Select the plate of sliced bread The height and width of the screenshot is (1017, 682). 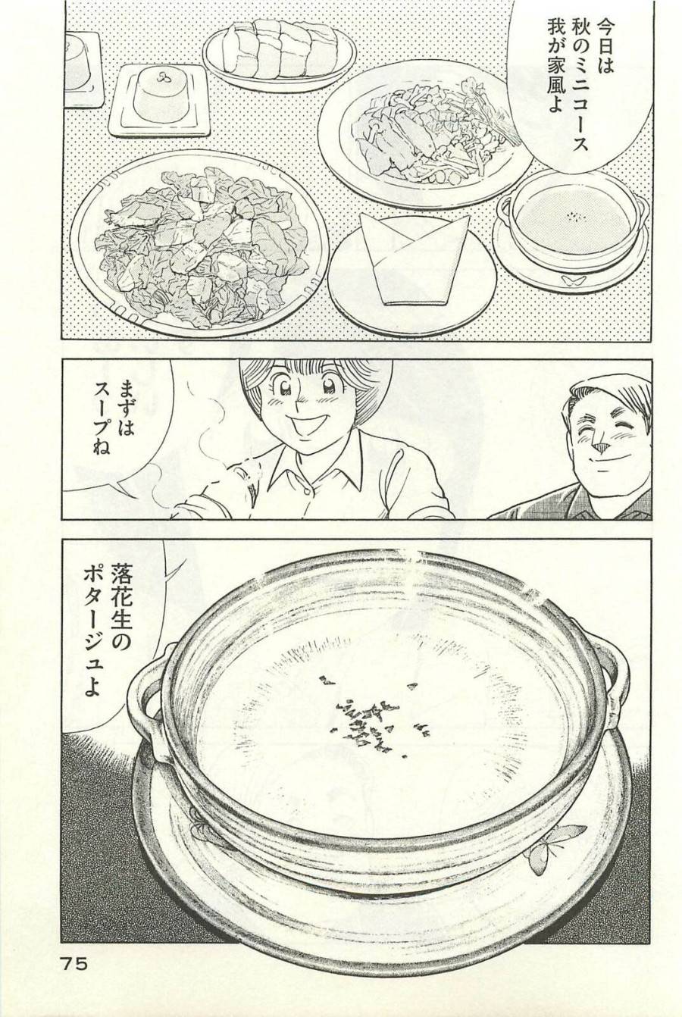pos(279,51)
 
